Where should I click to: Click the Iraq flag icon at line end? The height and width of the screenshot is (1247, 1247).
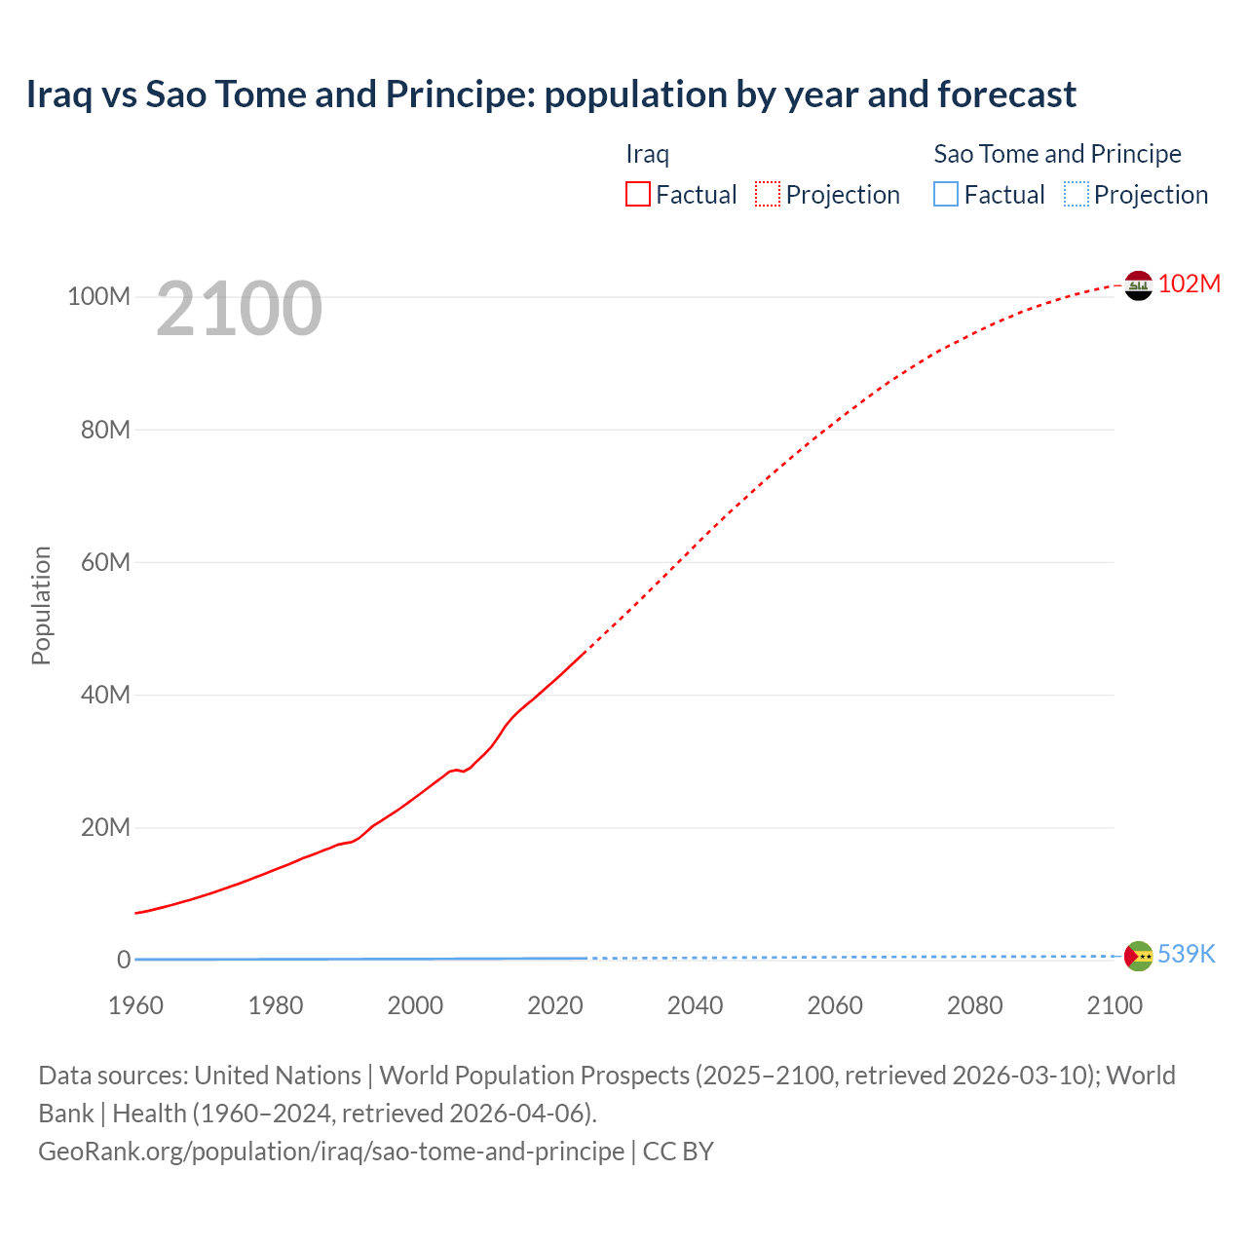click(1138, 285)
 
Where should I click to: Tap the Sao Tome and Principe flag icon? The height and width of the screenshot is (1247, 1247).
click(1138, 956)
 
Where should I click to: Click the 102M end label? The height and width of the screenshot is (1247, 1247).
click(1189, 283)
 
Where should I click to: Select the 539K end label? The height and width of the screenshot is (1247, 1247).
click(1186, 954)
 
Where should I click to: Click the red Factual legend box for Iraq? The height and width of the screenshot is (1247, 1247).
click(637, 195)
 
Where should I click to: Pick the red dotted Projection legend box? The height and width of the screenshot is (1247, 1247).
click(768, 195)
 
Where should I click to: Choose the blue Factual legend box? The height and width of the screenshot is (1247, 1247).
click(946, 195)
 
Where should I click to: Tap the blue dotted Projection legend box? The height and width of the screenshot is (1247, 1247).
click(1077, 195)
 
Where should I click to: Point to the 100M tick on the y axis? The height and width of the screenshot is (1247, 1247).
click(98, 296)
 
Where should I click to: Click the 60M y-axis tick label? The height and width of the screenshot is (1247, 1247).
click(104, 562)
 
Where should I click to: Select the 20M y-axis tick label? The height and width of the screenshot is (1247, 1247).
click(104, 827)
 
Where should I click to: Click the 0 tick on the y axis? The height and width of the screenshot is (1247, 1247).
click(124, 960)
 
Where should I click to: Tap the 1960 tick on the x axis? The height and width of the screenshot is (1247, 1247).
click(135, 1005)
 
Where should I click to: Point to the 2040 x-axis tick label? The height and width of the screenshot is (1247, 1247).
click(695, 1005)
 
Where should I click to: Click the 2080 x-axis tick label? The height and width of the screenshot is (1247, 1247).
click(974, 1005)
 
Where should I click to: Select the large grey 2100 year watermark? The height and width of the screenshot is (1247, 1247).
click(239, 309)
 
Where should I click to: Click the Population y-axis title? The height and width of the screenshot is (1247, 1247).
click(41, 605)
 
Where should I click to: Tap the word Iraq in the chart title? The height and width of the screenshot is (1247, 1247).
click(59, 94)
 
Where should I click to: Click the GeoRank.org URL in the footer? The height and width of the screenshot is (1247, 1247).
click(331, 1151)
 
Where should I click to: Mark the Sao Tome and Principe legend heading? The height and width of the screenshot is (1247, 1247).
click(1057, 154)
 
